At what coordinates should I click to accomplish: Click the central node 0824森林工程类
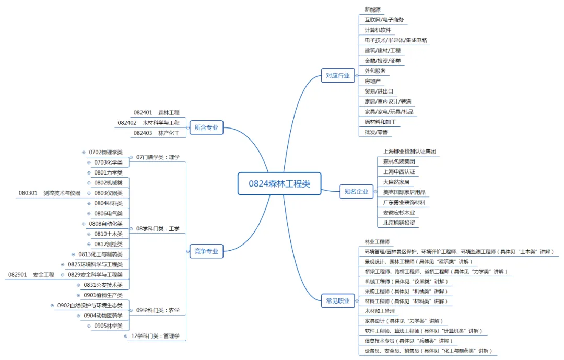(x=279, y=183)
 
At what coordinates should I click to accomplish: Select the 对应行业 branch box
(x=338, y=75)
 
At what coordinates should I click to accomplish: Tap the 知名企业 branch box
(x=356, y=191)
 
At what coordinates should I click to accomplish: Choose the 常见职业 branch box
(x=338, y=300)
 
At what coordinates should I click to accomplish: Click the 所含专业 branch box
(x=206, y=127)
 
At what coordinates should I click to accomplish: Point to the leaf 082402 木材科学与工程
(x=148, y=123)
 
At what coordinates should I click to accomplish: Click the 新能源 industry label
(x=372, y=9)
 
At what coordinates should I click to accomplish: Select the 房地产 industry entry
(x=372, y=81)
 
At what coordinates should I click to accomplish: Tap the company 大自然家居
(x=396, y=182)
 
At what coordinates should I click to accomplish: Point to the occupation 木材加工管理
(x=380, y=311)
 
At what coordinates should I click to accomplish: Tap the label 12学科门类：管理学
(x=155, y=336)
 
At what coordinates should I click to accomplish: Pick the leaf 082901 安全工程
(x=31, y=274)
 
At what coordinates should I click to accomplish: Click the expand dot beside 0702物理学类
(x=84, y=152)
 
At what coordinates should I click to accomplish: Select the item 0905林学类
(x=108, y=326)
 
